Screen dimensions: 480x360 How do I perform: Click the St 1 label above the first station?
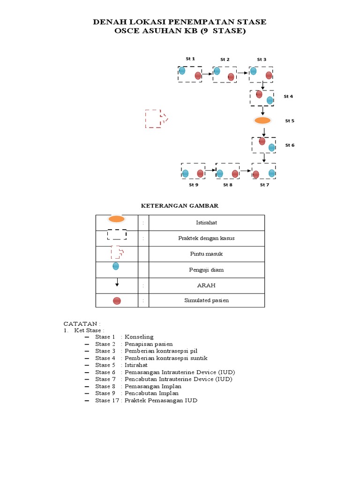[190, 59]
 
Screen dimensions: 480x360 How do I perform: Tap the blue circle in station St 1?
[182, 71]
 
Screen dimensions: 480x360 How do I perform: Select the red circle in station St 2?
[231, 77]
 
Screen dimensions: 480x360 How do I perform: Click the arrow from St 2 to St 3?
[243, 73]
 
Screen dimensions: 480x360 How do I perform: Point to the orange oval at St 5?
[262, 120]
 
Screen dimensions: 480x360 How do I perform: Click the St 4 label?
[288, 97]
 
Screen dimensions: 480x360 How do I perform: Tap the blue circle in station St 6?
[272, 148]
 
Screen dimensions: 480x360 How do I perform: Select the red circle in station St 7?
[256, 175]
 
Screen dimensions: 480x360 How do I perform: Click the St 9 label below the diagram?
[194, 185]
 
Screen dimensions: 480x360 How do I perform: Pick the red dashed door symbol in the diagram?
[155, 119]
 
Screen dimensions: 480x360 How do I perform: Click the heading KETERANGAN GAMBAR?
[180, 206]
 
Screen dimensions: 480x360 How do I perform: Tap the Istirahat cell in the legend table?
[206, 223]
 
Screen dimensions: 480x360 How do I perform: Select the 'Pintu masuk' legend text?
[206, 254]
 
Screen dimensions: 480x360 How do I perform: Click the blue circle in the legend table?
[116, 266]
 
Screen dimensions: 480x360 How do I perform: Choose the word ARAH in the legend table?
[206, 285]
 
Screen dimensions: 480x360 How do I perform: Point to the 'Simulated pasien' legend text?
[206, 300]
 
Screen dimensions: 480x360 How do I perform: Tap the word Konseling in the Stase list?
[139, 337]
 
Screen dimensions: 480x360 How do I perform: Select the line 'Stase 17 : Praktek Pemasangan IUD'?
[146, 401]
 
